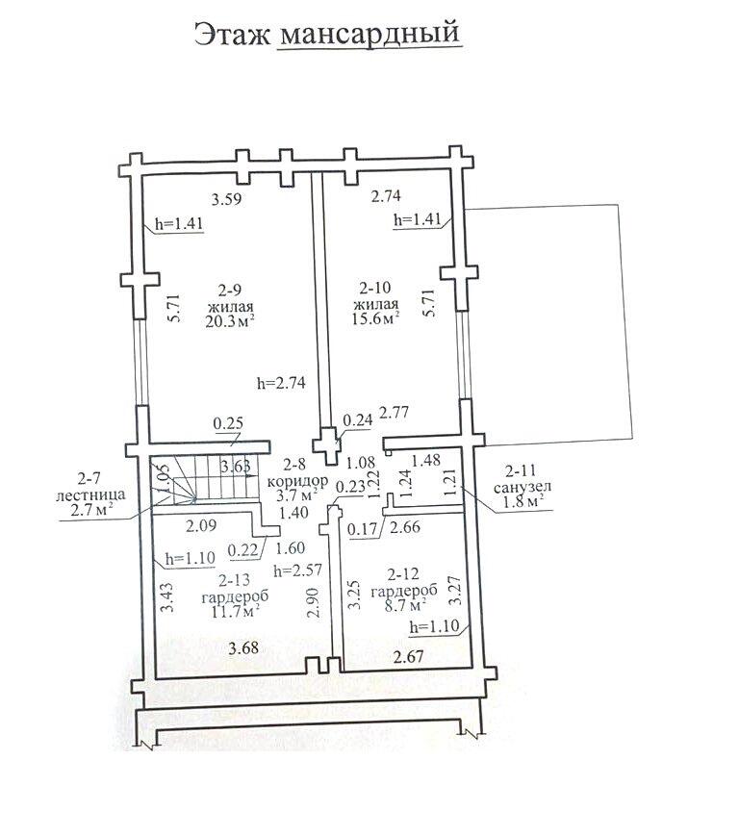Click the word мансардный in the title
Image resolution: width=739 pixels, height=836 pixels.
tap(369, 33)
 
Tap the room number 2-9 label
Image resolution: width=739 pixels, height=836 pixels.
tap(230, 290)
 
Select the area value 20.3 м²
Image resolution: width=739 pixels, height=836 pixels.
tap(229, 321)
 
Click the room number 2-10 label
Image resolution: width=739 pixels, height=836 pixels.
tap(375, 288)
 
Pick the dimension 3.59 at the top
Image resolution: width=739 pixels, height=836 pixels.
tap(226, 199)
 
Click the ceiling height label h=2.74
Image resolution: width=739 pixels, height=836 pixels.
tap(281, 383)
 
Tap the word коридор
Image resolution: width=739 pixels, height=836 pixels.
tap(297, 481)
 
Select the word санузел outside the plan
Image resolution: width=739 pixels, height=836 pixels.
tap(522, 487)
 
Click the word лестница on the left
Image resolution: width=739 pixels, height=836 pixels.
tap(91, 494)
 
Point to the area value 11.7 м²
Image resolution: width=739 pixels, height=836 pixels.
tap(235, 611)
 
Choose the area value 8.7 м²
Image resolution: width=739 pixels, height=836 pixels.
tap(405, 604)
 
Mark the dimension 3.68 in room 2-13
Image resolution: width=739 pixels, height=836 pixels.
tap(243, 647)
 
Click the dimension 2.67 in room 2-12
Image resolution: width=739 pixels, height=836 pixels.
tap(408, 656)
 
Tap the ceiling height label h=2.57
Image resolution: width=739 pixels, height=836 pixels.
tap(297, 570)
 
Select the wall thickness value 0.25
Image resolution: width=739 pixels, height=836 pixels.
tap(228, 424)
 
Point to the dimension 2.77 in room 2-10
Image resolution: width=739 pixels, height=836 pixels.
tap(394, 412)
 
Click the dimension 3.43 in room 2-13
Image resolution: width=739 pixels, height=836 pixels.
tap(168, 597)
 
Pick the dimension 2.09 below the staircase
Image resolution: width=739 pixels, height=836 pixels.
tap(201, 525)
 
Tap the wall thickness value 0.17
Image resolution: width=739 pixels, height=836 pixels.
tap(362, 530)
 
